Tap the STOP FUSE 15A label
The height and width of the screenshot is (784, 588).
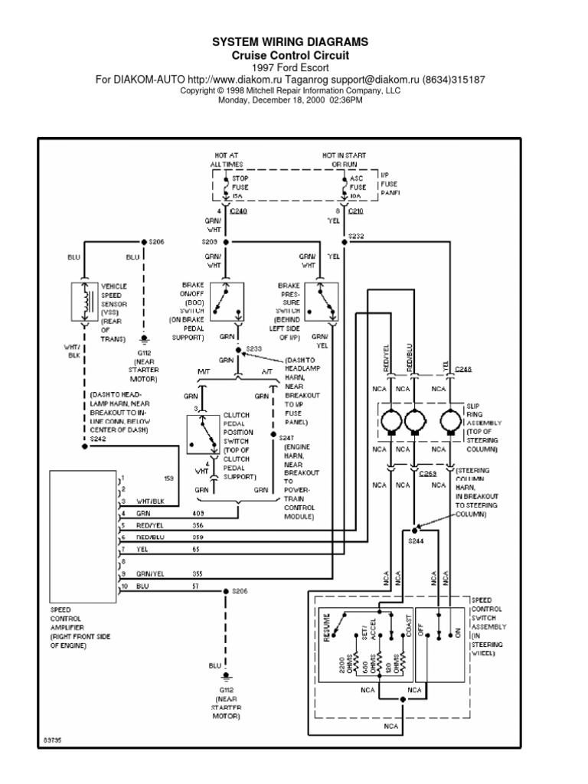click(x=240, y=185)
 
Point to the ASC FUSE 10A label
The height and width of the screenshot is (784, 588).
click(x=358, y=185)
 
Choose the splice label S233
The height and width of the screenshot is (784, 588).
click(x=253, y=348)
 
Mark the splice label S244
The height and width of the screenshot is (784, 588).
click(x=415, y=541)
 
